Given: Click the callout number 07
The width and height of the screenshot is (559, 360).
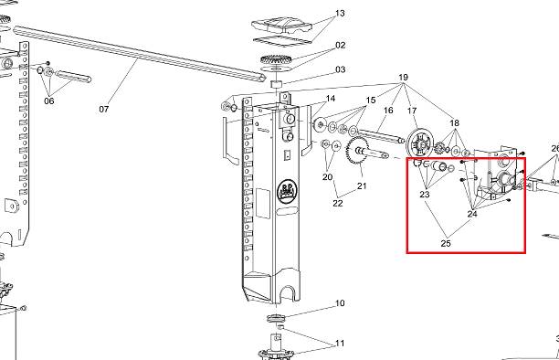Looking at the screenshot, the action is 104,109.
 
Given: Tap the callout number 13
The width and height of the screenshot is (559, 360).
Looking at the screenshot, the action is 340,13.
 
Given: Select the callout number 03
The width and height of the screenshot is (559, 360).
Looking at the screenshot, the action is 341,69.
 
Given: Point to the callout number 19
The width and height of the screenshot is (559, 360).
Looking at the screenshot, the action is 403,78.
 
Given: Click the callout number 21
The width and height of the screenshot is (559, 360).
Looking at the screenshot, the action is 362,185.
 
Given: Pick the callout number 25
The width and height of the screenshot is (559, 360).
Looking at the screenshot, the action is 446,243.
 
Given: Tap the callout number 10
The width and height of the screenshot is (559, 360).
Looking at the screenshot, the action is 340,303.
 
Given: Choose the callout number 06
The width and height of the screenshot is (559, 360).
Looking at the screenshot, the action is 49,101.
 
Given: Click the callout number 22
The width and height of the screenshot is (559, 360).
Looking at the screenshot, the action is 338,203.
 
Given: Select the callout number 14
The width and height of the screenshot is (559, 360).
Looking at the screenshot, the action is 331,99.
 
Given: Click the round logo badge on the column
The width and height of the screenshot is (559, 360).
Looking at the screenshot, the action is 288,192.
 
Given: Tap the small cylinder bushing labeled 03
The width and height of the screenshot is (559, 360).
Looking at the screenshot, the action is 277,85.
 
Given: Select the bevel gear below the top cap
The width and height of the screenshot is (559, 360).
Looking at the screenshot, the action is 277,58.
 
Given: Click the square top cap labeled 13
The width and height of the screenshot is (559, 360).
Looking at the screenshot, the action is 281,26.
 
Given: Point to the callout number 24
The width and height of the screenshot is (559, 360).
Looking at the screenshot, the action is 472,214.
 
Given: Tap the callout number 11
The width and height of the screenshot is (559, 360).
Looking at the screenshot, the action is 340,344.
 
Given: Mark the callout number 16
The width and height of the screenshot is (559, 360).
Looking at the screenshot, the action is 388,111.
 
